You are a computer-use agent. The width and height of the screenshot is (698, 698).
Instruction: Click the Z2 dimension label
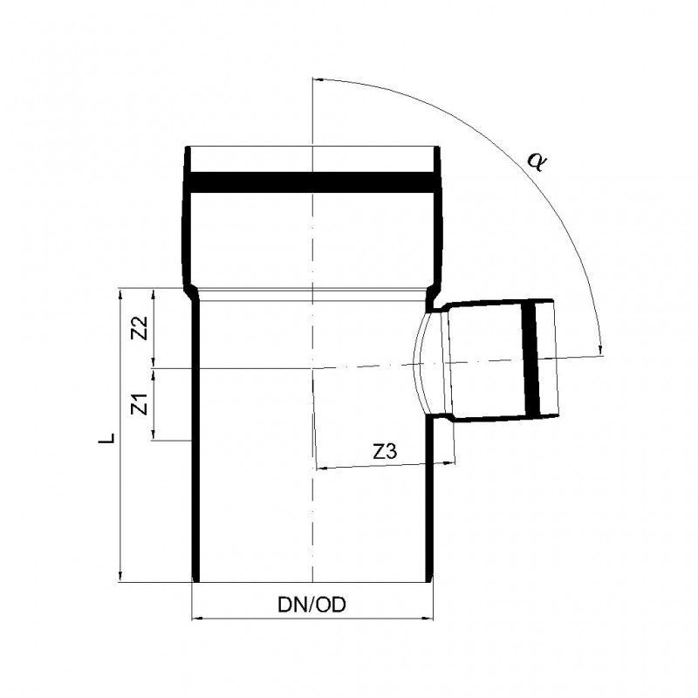pos(141,329)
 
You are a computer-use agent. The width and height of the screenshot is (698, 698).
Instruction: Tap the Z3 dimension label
pos(385,452)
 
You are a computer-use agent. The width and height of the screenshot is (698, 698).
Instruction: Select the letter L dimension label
pos(106,438)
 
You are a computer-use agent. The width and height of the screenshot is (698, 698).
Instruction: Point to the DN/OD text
pos(311,605)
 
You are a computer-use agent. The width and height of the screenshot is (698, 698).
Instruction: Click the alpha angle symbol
pos(537,161)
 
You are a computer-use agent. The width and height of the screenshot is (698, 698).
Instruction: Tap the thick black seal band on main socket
pos(312,182)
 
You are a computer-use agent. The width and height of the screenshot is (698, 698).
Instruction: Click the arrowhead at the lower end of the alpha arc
pos(601,351)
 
